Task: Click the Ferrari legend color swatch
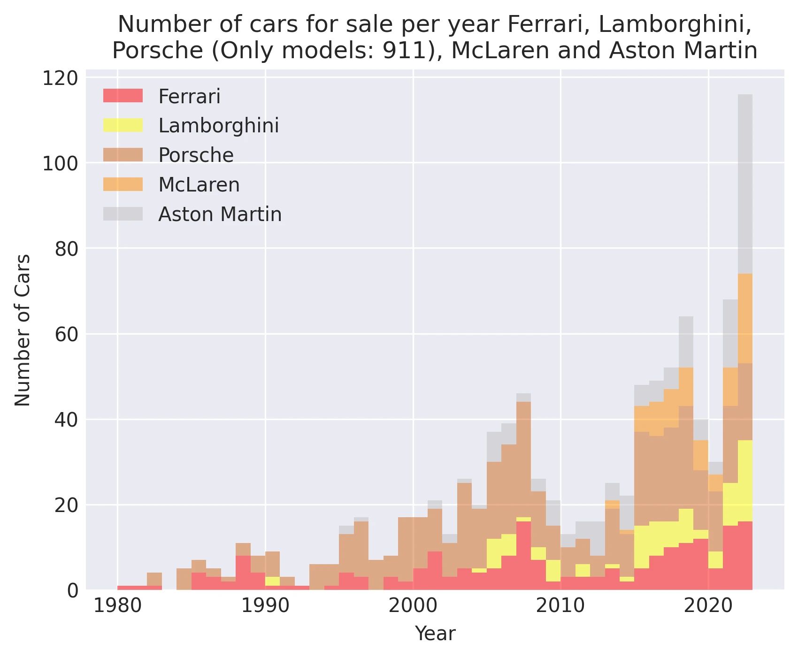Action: pos(123,96)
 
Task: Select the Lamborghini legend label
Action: pos(219,126)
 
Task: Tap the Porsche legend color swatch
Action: pos(123,155)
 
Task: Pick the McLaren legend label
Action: pos(199,185)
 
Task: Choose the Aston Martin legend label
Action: pos(220,214)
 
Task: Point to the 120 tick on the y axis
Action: pos(60,78)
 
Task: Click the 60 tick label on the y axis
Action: pos(66,334)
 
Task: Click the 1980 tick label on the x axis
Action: pos(117,606)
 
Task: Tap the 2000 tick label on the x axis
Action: pos(413,606)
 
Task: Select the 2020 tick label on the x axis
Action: pos(708,606)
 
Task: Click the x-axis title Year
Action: pos(435,634)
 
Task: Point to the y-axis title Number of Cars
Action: pos(23,330)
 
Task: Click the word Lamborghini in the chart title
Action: pos(675,24)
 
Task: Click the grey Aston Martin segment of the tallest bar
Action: pos(745,183)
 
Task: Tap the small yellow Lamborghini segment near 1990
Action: pos(272,581)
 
